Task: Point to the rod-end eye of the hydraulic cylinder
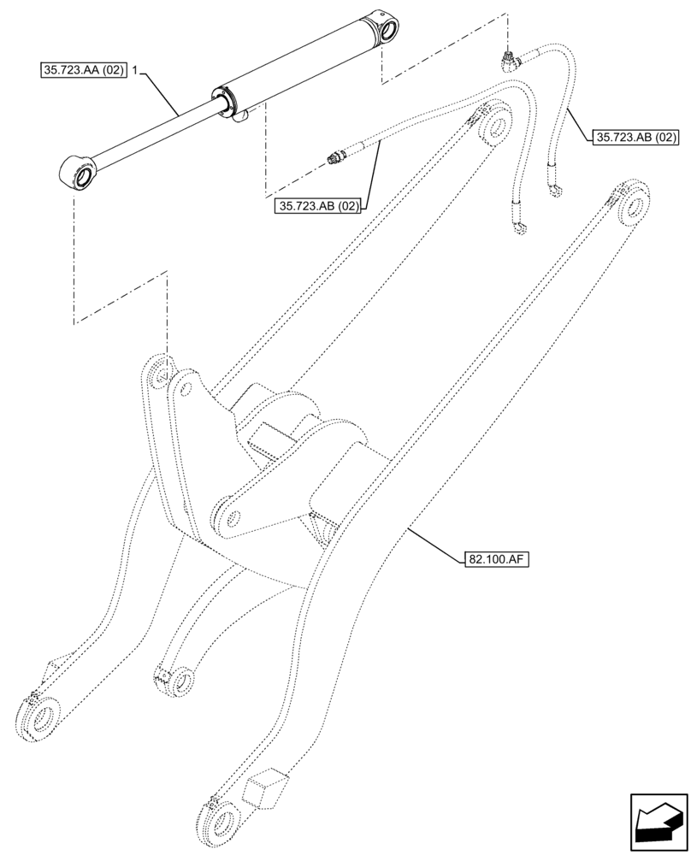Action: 80,174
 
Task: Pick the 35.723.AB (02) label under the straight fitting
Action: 318,205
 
